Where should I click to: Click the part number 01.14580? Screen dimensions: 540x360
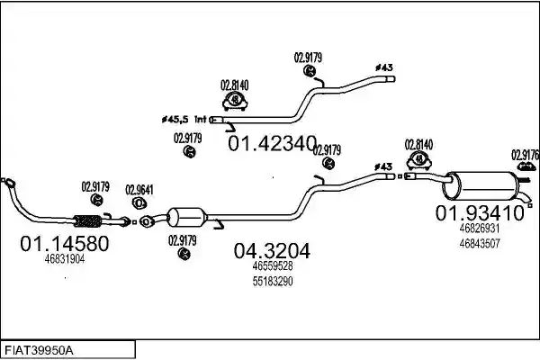65,244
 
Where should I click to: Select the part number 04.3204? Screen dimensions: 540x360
272,251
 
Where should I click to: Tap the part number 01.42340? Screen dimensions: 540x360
272,143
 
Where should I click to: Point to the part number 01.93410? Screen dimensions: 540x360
480,213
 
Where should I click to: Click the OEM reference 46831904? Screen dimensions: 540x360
65,259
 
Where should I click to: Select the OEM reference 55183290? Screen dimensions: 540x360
273,281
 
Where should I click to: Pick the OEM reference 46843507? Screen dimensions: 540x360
480,244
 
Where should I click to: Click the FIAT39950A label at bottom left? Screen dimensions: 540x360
39,350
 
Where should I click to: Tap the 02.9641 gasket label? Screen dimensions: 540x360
139,190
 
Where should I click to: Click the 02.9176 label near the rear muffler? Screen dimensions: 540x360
525,155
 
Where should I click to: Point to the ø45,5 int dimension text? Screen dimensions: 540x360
184,120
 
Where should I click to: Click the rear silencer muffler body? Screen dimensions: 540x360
481,185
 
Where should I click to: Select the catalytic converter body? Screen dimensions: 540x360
187,218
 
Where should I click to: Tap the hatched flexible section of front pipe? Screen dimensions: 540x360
87,221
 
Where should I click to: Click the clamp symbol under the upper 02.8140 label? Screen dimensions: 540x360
235,101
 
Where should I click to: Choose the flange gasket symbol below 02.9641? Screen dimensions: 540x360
139,203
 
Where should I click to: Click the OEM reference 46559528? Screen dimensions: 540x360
273,266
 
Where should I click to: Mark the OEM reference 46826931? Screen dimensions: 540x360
480,228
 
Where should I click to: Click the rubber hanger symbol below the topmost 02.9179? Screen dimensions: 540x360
310,71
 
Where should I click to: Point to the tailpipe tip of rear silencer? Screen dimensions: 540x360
527,199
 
